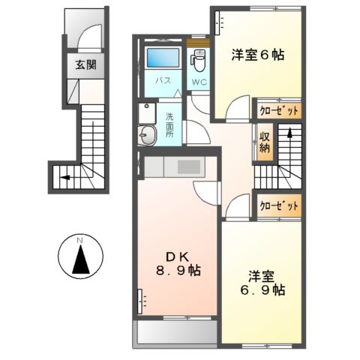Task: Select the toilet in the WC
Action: pyautogui.click(x=199, y=58)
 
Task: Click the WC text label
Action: pyautogui.click(x=198, y=82)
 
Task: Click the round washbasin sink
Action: pyautogui.click(x=147, y=135)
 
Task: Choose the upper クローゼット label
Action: pyautogui.click(x=279, y=110)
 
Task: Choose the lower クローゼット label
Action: pyautogui.click(x=279, y=205)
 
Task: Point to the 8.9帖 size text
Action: pyautogui.click(x=178, y=270)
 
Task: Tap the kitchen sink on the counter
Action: pyautogui.click(x=187, y=166)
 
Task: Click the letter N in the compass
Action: pyautogui.click(x=80, y=240)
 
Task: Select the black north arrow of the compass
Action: pyautogui.click(x=80, y=260)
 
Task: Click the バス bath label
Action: pyautogui.click(x=161, y=79)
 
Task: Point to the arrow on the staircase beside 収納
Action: pyautogui.click(x=288, y=136)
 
